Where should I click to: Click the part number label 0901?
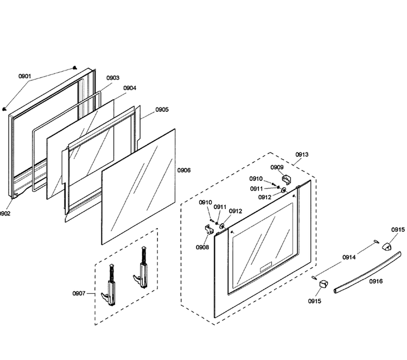pyautogui.click(x=24, y=76)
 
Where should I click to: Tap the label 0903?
pyautogui.click(x=113, y=78)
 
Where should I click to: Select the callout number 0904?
pyautogui.click(x=130, y=88)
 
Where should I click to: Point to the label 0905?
pyautogui.click(x=162, y=110)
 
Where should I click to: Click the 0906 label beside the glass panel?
pyautogui.click(x=184, y=170)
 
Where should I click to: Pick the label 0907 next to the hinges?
pyautogui.click(x=79, y=294)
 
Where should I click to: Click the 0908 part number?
pyautogui.click(x=202, y=247)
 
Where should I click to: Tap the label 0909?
pyautogui.click(x=277, y=167)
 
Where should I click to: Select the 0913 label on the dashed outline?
pyautogui.click(x=302, y=155)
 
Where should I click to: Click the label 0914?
pyautogui.click(x=349, y=257)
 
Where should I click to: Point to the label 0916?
pyautogui.click(x=376, y=281)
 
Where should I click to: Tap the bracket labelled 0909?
pyautogui.click(x=287, y=179)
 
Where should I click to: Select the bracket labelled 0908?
pyautogui.click(x=209, y=229)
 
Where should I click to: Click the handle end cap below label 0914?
pyautogui.click(x=323, y=283)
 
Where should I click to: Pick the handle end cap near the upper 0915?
pyautogui.click(x=387, y=246)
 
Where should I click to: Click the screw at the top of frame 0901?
pyautogui.click(x=75, y=68)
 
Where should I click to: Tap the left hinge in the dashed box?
pyautogui.click(x=109, y=285)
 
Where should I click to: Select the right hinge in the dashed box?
pyautogui.click(x=141, y=268)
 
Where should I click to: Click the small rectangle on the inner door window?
pyautogui.click(x=266, y=267)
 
